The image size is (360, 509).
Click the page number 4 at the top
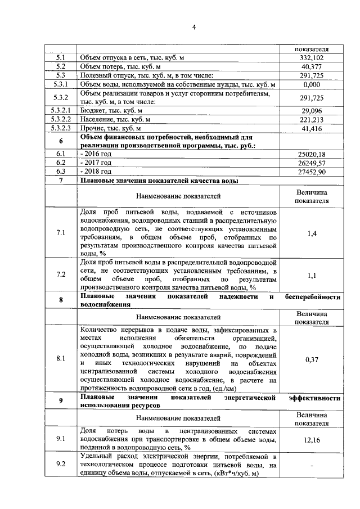point(193,27)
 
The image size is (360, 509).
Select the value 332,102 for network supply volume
point(310,58)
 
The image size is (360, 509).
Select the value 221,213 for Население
point(310,120)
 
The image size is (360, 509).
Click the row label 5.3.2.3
point(61,129)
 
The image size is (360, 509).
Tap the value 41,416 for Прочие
point(310,129)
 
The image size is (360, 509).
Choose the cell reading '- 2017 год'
point(97,162)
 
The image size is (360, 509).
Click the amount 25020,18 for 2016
point(310,154)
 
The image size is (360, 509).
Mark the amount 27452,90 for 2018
point(310,171)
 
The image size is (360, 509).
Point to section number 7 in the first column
point(61,180)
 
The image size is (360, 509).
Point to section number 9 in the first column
point(61,401)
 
